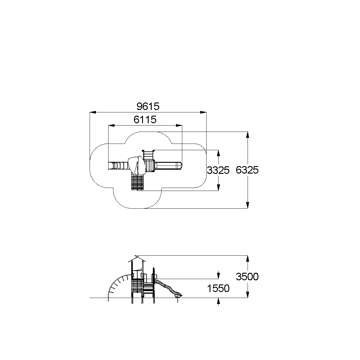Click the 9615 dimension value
pyautogui.click(x=148, y=106)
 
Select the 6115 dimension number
pyautogui.click(x=145, y=120)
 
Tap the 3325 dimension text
pyautogui.click(x=218, y=170)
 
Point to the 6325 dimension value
pyautogui.click(x=247, y=170)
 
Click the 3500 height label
pyautogui.click(x=247, y=277)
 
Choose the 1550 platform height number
pyautogui.click(x=218, y=288)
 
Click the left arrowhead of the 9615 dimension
pyautogui.click(x=93, y=112)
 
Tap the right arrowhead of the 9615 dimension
pyautogui.click(x=203, y=112)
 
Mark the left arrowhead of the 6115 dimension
pyautogui.click(x=112, y=126)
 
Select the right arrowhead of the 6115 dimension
pyautogui.click(x=179, y=126)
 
